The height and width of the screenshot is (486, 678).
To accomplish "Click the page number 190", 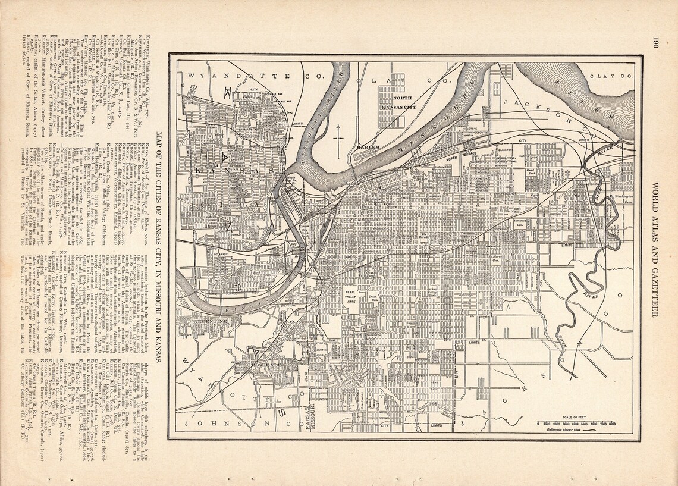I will pyautogui.click(x=655, y=43).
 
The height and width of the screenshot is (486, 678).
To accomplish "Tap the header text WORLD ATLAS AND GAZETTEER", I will pyautogui.click(x=655, y=249).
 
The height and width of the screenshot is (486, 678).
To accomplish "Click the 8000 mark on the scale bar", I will pyautogui.click(x=611, y=424).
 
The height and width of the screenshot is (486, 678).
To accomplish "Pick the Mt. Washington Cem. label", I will pyautogui.click(x=619, y=198).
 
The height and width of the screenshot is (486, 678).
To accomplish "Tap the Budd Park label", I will pyautogui.click(x=531, y=173).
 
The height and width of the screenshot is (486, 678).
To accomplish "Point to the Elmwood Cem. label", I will pyautogui.click(x=521, y=222).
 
